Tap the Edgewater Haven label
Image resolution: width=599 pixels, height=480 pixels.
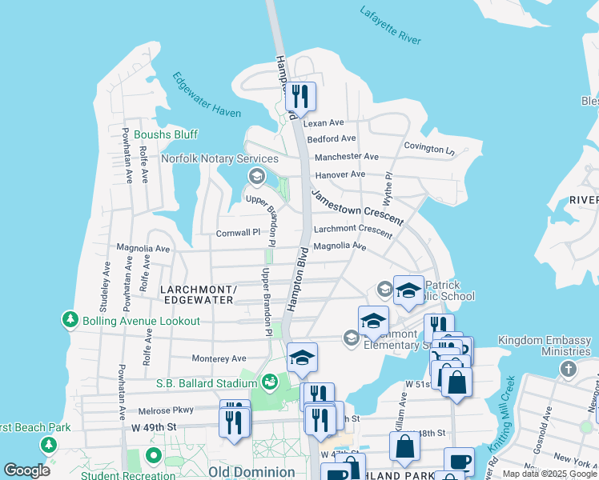pos(206,95)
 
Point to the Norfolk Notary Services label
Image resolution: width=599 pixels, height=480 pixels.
pos(219,158)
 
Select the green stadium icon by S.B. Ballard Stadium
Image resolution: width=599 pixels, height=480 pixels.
pos(269,381)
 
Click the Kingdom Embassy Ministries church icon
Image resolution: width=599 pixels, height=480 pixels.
pos(568,369)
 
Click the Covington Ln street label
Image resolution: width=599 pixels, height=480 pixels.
pos(428,148)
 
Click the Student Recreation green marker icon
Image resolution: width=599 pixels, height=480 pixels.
pos(152,456)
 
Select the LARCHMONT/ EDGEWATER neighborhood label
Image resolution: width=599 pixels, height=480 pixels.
pos(196,294)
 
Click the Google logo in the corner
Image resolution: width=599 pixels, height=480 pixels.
pos(26,470)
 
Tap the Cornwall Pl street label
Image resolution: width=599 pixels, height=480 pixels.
pos(239,233)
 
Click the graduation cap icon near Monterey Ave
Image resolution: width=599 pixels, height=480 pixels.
pos(302,357)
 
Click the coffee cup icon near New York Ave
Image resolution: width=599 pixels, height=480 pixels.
pos(460,462)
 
